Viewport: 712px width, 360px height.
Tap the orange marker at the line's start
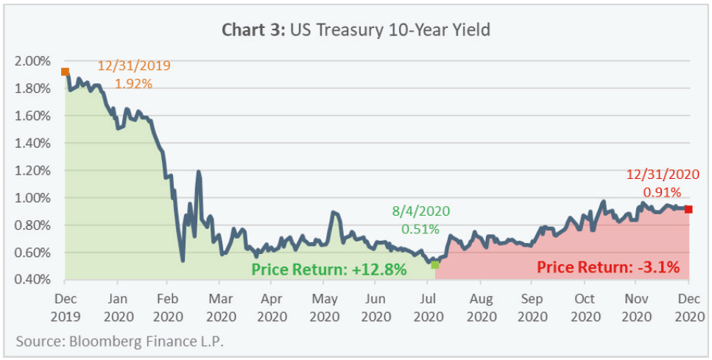[x=65, y=71]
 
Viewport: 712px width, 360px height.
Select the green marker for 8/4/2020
[x=435, y=264]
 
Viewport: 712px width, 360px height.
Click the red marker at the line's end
[x=688, y=209]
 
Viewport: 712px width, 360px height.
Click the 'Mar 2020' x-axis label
[x=220, y=307]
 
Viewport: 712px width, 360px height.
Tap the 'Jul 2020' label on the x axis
[x=429, y=307]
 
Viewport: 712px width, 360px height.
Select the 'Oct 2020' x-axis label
[x=585, y=307]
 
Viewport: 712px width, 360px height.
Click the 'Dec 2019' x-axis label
[x=65, y=307]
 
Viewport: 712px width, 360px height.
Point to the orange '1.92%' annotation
[x=133, y=83]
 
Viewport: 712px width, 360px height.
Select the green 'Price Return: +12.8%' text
[x=329, y=269]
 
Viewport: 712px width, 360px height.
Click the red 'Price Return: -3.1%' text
[x=607, y=267]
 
